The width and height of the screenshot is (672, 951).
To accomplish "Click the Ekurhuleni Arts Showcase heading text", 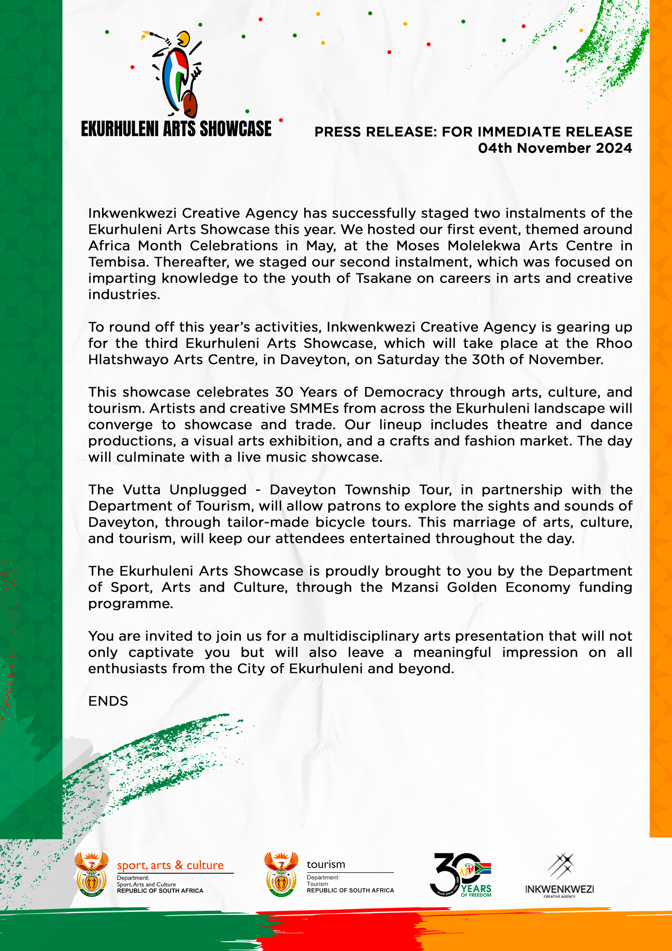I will pos(176,129).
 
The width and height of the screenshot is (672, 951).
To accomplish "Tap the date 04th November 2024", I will pos(555,148).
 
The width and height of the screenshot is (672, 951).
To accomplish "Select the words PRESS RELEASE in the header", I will pos(375,132).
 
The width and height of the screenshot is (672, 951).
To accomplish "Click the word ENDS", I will pos(108,701).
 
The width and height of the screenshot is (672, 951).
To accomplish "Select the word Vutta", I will pos(142,489).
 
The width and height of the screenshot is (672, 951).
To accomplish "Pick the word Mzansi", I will pos(414,587).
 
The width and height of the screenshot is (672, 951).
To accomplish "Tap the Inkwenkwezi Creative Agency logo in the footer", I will pos(559,875).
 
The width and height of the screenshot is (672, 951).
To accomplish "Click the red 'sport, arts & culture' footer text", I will pos(170,865).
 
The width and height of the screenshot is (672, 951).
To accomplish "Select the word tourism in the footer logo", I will pos(326,864).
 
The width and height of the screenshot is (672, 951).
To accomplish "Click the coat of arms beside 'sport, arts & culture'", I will pos(91,874).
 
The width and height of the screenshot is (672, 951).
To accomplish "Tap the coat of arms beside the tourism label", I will pos(281,874).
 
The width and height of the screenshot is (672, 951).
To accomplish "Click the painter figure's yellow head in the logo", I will pos(183,39).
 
